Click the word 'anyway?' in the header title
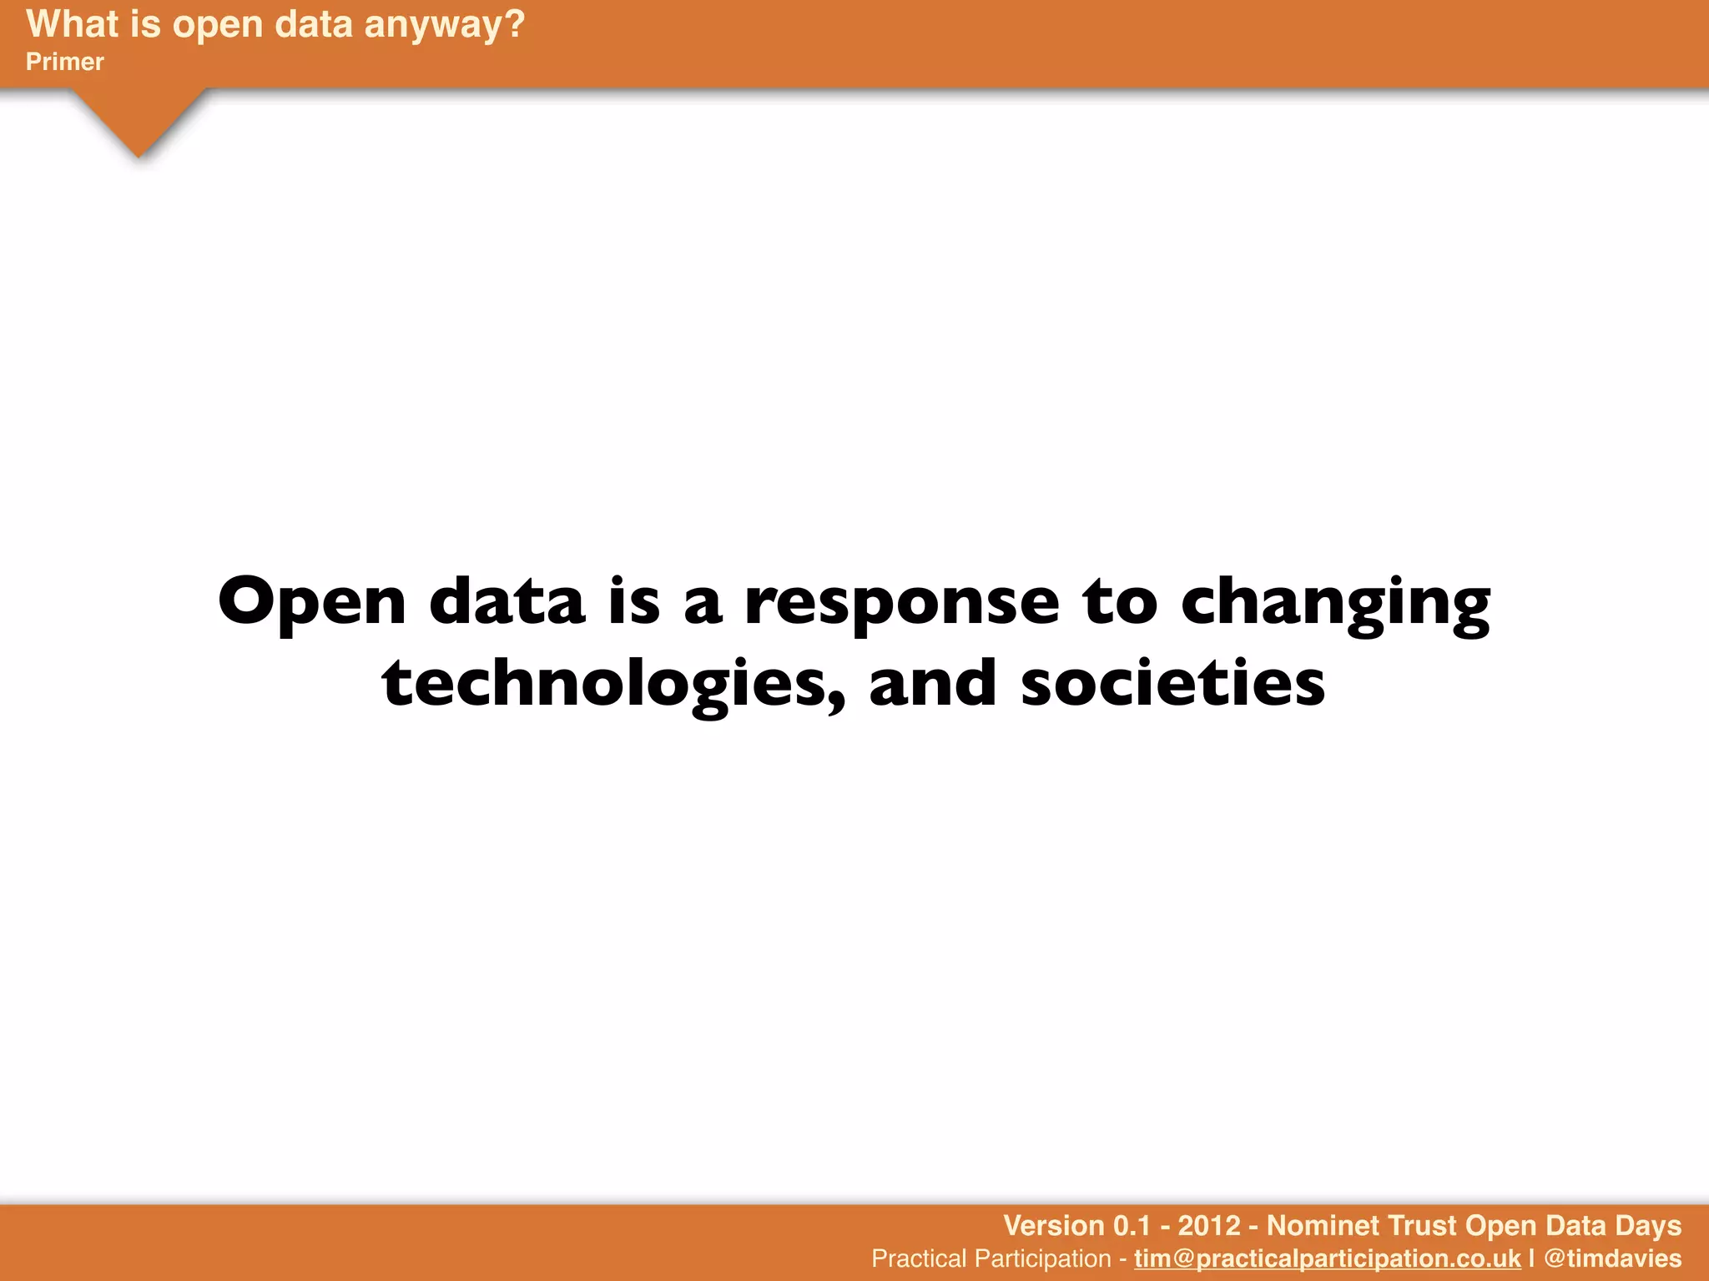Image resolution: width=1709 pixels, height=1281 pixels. (x=445, y=25)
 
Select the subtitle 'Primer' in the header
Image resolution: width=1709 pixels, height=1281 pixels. (x=65, y=62)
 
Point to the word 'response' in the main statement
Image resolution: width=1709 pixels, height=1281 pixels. (x=902, y=602)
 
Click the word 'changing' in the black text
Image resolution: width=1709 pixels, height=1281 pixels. (x=1335, y=602)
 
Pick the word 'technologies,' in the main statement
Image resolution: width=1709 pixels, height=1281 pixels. (x=613, y=684)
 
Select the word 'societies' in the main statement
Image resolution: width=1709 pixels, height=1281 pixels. (x=1172, y=684)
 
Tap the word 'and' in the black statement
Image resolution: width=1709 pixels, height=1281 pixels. (x=933, y=684)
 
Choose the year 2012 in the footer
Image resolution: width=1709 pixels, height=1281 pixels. (x=1209, y=1225)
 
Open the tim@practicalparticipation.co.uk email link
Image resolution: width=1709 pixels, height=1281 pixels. (x=1327, y=1258)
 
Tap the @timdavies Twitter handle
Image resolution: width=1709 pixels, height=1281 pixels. (x=1612, y=1258)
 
